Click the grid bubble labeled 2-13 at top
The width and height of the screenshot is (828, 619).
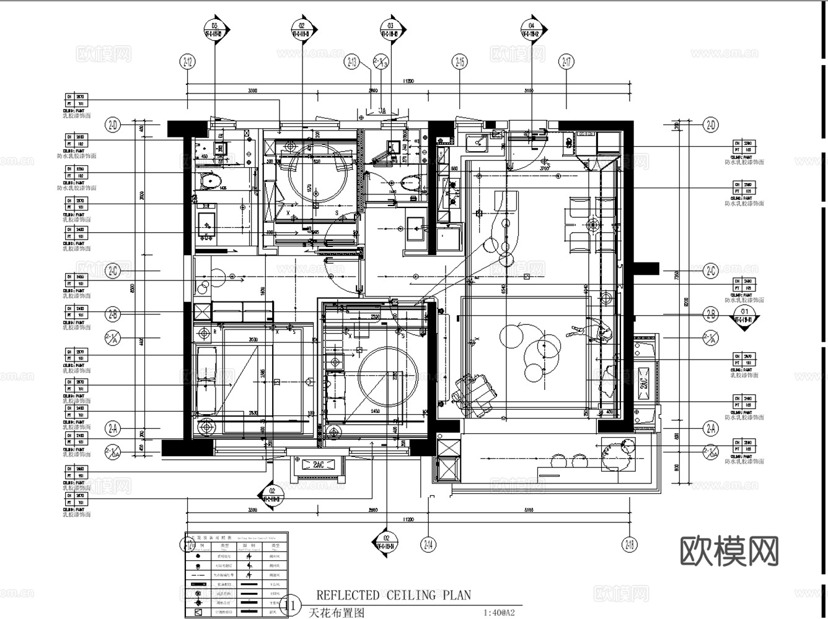click(352, 61)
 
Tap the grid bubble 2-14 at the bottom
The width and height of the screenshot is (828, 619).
click(428, 544)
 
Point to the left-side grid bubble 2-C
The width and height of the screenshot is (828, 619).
click(113, 271)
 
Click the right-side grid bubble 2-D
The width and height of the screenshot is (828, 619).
click(710, 125)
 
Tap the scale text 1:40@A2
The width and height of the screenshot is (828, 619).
click(499, 613)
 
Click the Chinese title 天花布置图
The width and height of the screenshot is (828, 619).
click(335, 613)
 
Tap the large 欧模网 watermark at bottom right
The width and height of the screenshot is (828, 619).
click(729, 550)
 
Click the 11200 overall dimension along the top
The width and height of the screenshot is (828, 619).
click(407, 81)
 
